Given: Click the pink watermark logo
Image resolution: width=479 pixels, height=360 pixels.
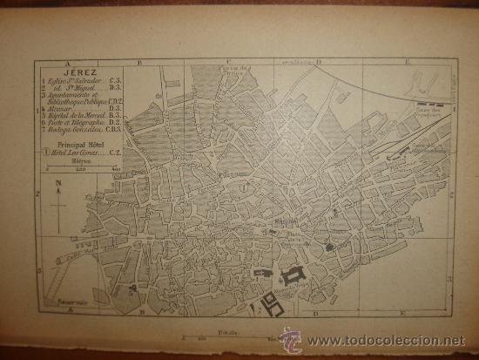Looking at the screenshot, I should coord(290,339).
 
